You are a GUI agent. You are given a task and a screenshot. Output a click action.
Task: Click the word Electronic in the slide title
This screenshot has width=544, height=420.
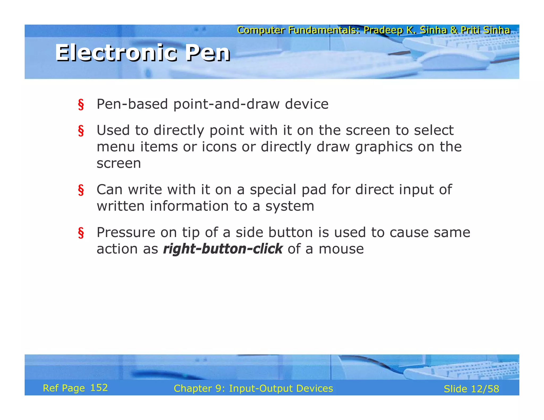[116, 53]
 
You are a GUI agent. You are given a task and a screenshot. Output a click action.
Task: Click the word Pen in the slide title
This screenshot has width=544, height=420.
[208, 53]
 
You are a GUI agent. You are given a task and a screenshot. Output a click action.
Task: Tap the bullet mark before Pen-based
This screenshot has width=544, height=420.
[81, 104]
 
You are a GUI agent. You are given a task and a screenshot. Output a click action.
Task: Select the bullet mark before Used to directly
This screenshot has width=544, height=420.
[81, 131]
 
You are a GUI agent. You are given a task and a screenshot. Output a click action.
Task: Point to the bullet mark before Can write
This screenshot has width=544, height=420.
[81, 190]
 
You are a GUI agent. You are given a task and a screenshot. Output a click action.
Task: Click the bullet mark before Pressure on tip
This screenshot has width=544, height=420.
[81, 233]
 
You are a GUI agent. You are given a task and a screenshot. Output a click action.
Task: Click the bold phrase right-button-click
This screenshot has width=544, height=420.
[223, 249]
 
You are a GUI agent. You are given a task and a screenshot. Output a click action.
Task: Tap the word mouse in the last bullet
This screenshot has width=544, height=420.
[341, 249]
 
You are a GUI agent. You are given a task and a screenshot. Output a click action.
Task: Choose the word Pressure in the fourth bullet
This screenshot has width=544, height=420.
[126, 233]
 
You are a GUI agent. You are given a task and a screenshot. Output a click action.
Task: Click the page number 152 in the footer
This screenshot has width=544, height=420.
[99, 388]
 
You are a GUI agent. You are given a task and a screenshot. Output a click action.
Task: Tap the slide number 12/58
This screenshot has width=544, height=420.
[485, 389]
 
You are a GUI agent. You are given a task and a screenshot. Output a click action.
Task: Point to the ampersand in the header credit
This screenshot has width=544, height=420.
[454, 30]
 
